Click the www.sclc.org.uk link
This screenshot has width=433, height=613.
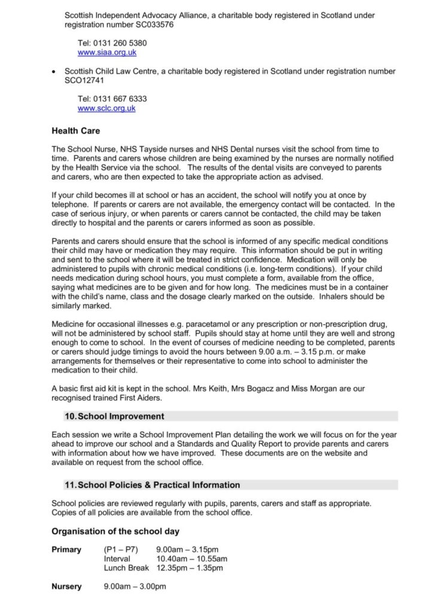click(106, 108)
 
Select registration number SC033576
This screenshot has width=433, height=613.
click(153, 25)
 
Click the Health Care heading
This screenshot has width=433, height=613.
click(76, 130)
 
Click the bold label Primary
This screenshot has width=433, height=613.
click(66, 550)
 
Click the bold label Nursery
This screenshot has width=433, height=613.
click(66, 587)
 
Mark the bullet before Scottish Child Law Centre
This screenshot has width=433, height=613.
click(56, 72)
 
